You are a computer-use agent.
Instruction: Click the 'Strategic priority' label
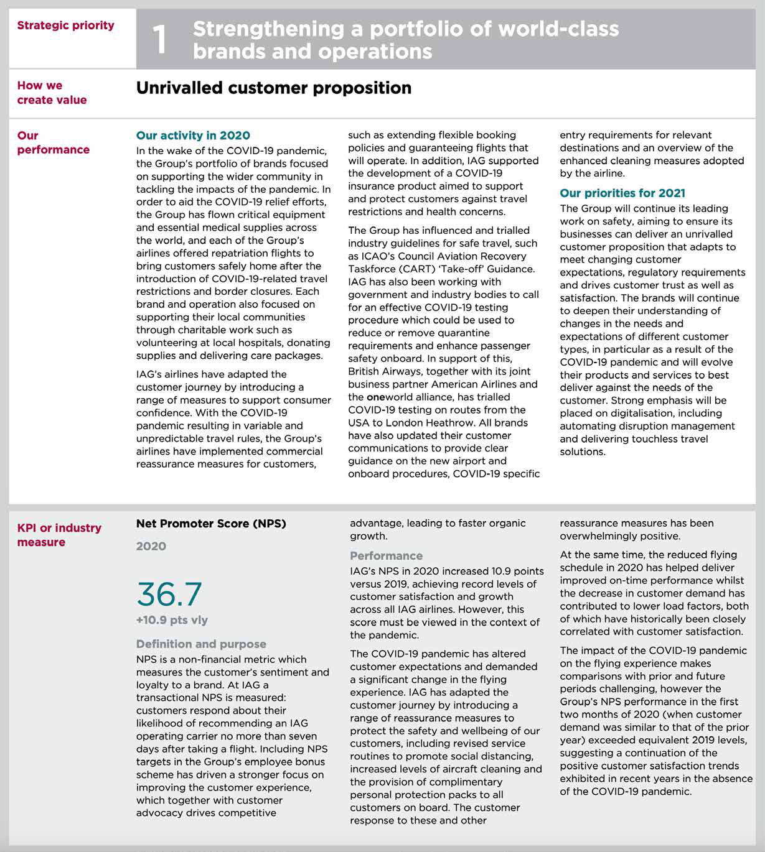point(65,25)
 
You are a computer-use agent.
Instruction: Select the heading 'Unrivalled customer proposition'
point(273,88)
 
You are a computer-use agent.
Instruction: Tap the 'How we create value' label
point(52,93)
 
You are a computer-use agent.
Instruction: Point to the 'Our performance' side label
point(53,142)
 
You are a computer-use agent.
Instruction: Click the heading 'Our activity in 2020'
point(193,136)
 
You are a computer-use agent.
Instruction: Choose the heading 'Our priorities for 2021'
point(622,193)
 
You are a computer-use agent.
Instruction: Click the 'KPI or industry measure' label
point(59,535)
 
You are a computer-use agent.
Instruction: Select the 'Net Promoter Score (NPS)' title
point(211,524)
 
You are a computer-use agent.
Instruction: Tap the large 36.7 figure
point(169,594)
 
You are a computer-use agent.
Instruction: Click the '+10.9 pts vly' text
point(172,620)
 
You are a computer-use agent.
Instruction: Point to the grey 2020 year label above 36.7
point(151,546)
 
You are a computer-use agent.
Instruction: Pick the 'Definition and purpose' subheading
point(201,644)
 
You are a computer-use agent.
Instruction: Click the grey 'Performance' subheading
point(386,556)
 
